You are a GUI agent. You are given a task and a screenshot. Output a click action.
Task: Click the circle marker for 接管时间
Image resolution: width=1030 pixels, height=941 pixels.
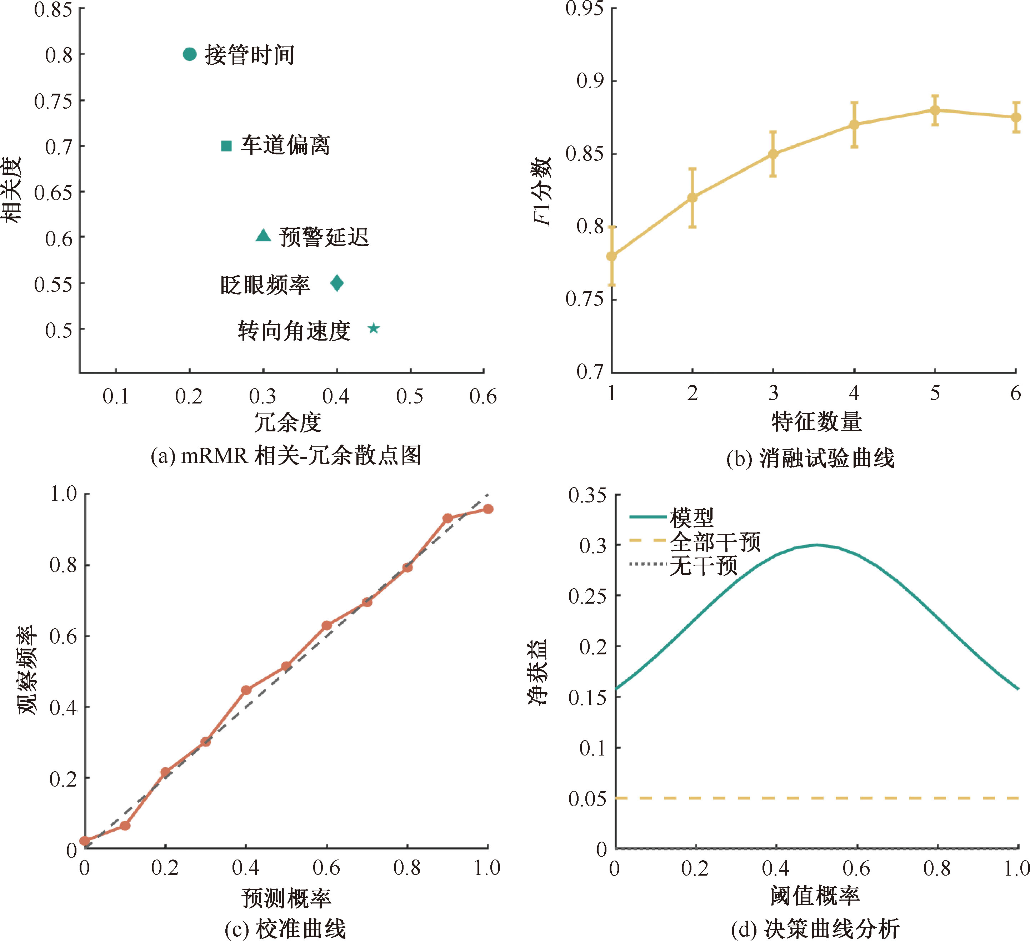[x=190, y=54]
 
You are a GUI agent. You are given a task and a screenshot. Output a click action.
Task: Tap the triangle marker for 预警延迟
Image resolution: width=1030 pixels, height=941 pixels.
[x=263, y=236]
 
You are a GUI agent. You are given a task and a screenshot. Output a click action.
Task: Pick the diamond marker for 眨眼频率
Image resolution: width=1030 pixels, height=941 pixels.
[x=337, y=283]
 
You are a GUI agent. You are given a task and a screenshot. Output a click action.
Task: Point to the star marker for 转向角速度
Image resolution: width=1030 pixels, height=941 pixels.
[x=374, y=328]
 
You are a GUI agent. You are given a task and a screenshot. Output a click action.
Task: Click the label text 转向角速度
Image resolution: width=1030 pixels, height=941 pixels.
[x=294, y=331]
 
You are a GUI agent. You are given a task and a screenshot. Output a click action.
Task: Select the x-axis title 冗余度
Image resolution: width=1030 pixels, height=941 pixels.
[x=287, y=422]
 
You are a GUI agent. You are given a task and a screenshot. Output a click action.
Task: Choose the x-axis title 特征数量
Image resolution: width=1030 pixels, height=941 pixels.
[x=816, y=422]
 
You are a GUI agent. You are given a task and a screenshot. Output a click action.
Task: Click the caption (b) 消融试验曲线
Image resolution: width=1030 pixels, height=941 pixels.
[x=810, y=458]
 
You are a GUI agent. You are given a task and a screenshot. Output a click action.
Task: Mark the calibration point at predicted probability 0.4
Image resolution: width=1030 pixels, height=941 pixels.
[x=246, y=690]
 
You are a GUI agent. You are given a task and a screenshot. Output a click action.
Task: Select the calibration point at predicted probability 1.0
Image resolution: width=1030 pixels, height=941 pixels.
[x=488, y=509]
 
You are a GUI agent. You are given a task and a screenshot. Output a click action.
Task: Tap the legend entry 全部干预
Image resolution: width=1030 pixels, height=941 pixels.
[x=715, y=541]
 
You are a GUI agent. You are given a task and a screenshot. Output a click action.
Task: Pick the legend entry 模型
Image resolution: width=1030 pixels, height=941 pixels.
[x=692, y=517]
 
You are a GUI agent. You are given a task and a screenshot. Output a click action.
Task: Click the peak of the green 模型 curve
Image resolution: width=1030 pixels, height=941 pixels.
[x=817, y=545]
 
